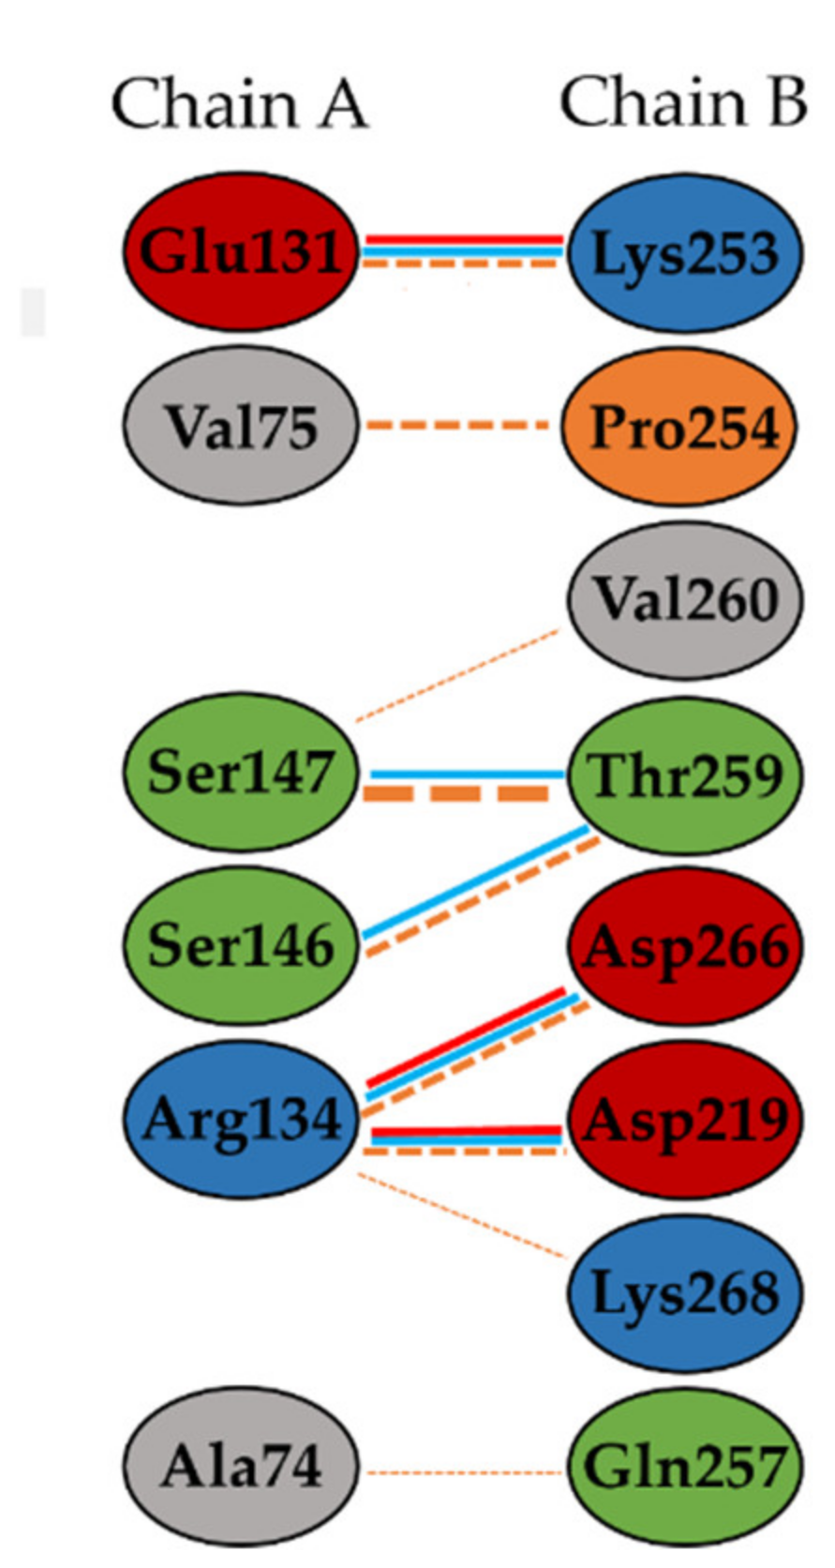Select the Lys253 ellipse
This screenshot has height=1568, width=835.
tap(685, 253)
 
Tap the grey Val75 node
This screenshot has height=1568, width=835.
tap(241, 428)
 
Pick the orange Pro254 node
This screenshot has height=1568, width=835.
tap(685, 428)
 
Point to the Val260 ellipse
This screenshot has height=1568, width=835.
tap(685, 600)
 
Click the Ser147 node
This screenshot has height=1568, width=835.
tap(241, 774)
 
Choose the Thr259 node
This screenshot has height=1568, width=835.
tap(685, 775)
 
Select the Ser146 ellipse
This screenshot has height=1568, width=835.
tap(241, 945)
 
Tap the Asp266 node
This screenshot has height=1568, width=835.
tap(685, 947)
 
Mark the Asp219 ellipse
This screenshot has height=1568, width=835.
tap(685, 1119)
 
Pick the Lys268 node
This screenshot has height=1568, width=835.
tap(685, 1293)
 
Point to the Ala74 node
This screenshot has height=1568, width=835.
tap(241, 1466)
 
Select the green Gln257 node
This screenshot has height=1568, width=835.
tap(685, 1466)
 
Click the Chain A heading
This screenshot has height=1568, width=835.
tap(240, 103)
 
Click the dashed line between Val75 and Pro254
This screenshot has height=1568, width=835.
tap(460, 427)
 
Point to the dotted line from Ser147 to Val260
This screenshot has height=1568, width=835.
tap(458, 675)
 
